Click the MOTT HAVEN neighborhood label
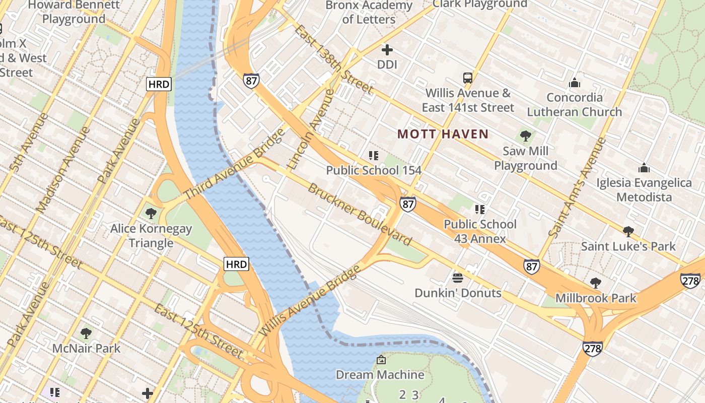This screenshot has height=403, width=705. point(443,134)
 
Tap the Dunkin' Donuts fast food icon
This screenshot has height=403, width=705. point(458,278)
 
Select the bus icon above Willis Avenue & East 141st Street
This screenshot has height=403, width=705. point(468,78)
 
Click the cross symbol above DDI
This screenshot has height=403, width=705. point(387,50)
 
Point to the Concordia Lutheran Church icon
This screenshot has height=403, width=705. point(574,83)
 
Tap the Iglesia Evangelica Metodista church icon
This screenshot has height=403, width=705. point(644,168)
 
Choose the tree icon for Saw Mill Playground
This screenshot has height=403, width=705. point(525,136)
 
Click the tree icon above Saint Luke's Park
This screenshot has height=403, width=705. point(628,232)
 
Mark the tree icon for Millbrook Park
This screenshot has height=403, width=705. point(596,283)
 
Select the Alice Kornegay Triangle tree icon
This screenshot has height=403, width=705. point(151,214)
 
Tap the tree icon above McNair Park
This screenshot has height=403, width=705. point(86,333)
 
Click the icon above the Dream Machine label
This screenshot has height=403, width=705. point(381,360)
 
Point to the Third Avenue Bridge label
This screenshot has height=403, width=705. point(234,165)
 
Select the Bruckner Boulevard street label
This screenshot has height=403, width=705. point(360,215)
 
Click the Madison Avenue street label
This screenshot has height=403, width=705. point(62,169)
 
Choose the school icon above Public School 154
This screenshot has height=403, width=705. point(373,156)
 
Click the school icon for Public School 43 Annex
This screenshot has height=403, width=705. point(479,209)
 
